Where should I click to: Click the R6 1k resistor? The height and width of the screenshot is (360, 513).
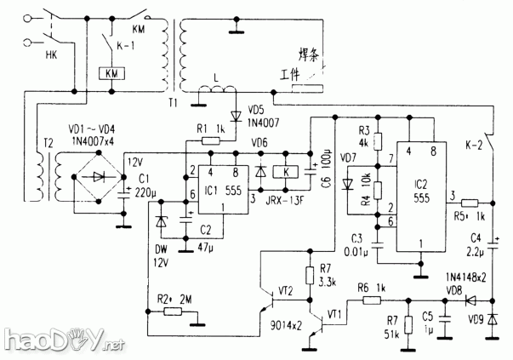[x=371, y=300]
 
